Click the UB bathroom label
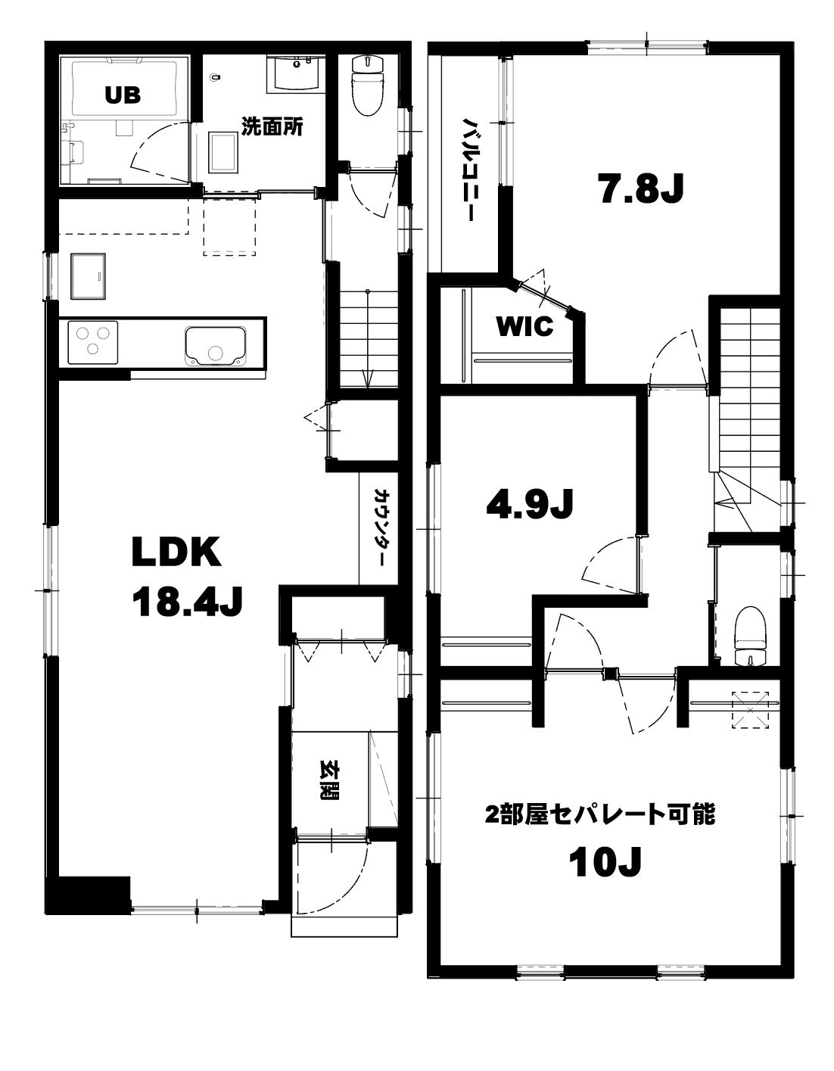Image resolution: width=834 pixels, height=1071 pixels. click(x=123, y=95)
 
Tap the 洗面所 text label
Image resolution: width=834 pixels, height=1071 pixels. click(x=272, y=127)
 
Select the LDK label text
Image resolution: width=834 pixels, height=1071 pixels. click(x=176, y=553)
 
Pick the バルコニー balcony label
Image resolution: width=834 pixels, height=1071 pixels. click(x=468, y=169)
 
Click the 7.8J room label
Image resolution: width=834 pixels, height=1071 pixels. click(x=640, y=188)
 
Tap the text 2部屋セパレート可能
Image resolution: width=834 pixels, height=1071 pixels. click(x=600, y=814)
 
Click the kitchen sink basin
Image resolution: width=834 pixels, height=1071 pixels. click(x=215, y=347)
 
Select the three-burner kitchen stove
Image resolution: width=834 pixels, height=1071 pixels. click(x=93, y=343)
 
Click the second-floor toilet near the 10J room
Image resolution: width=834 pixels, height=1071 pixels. click(x=751, y=636)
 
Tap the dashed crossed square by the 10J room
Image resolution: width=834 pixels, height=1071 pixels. click(x=750, y=710)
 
